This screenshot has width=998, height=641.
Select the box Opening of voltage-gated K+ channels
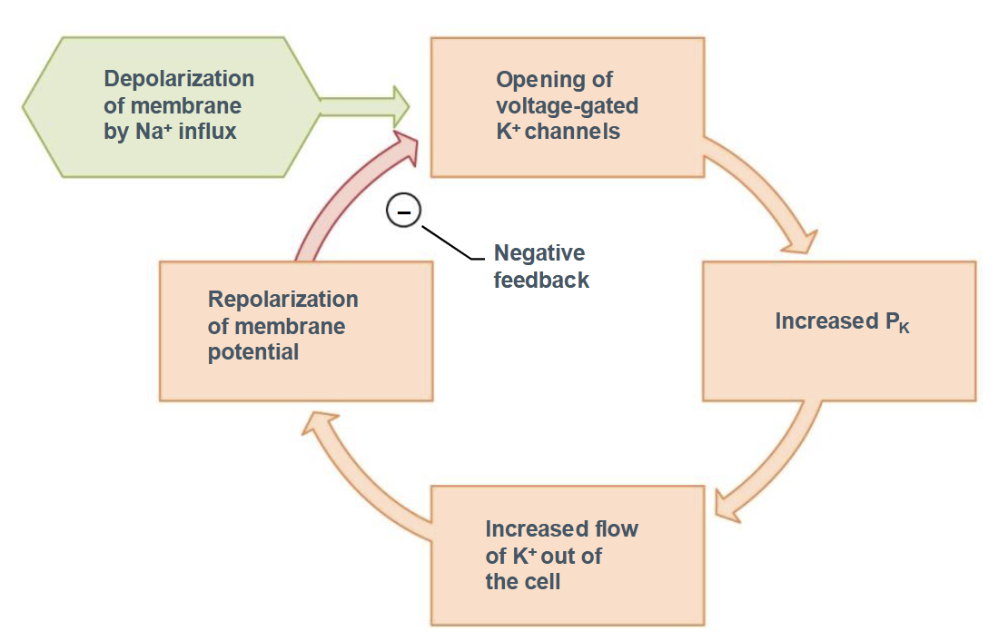(x=567, y=106)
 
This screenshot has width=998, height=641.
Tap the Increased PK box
(x=839, y=330)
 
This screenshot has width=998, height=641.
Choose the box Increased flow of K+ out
(x=567, y=555)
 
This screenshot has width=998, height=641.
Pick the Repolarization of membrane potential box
(x=295, y=330)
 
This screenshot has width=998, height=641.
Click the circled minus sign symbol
(x=404, y=212)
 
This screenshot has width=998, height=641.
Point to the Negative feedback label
(x=541, y=266)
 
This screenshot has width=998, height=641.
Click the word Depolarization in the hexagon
(x=179, y=79)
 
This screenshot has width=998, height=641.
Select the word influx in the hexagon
(x=208, y=132)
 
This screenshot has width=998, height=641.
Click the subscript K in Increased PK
(x=903, y=327)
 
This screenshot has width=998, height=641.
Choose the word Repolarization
(x=282, y=300)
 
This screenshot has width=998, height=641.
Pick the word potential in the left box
(x=253, y=352)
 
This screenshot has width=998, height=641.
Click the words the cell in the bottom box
(x=523, y=581)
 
